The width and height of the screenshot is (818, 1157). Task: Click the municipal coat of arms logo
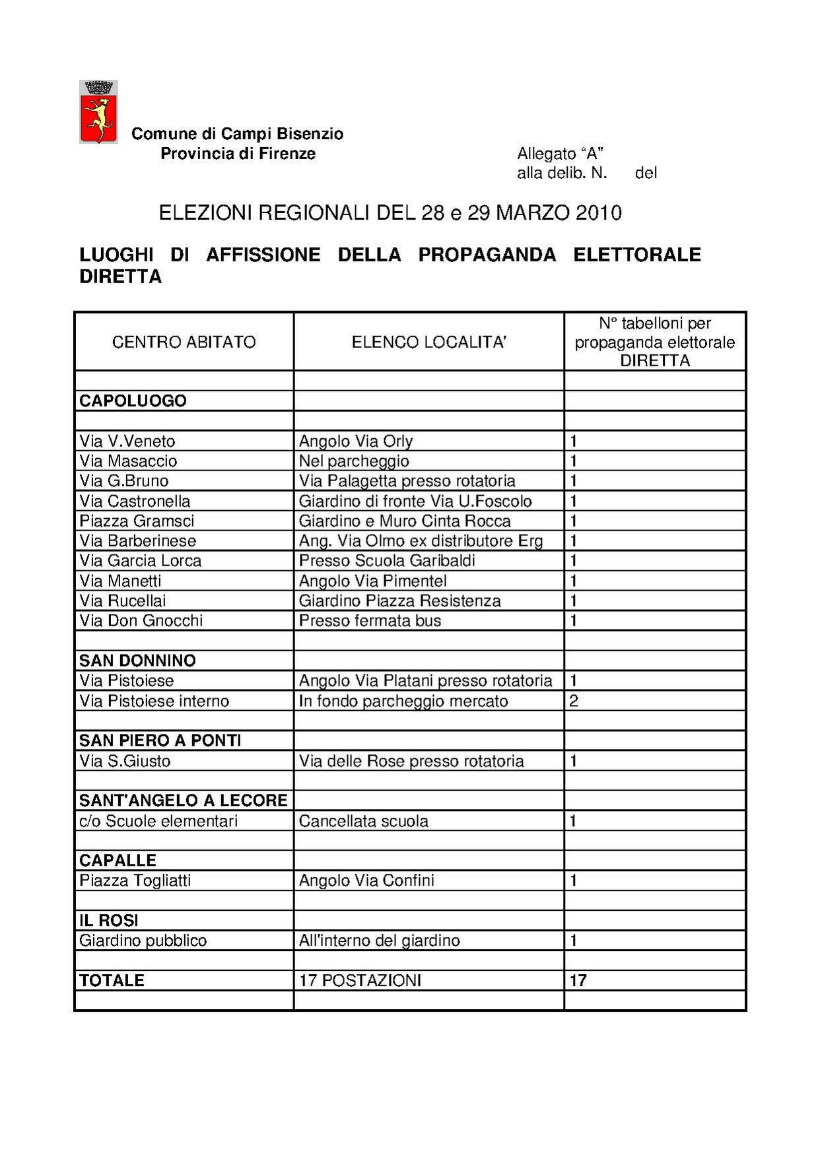[x=98, y=112]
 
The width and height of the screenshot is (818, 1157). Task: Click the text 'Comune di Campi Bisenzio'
[x=237, y=134]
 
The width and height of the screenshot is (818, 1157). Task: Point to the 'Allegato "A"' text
[x=560, y=154]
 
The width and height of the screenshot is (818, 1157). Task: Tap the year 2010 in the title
[x=598, y=213]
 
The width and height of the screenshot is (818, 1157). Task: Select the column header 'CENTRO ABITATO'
[x=184, y=342]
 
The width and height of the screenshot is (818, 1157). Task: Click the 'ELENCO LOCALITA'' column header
[x=428, y=342]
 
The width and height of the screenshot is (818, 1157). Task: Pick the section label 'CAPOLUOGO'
[x=133, y=401]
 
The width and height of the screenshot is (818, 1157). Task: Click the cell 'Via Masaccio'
[x=128, y=461]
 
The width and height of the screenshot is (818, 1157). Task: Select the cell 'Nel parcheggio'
[x=354, y=461]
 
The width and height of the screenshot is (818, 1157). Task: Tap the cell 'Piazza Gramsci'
[x=137, y=521]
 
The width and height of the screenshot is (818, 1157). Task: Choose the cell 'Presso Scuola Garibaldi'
[x=387, y=560]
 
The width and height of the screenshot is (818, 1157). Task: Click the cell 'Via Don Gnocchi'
[x=141, y=620]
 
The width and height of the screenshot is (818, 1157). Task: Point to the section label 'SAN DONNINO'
[x=137, y=661]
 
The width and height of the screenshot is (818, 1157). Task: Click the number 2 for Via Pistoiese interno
[x=573, y=701]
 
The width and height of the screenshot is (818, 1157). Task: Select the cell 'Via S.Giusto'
[x=125, y=761]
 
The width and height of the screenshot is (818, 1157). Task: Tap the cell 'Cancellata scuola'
[x=363, y=821]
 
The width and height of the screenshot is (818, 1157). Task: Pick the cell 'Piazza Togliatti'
[x=135, y=880]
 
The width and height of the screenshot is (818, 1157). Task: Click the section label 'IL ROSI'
[x=108, y=921]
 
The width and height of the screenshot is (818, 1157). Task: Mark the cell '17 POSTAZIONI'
[x=360, y=981]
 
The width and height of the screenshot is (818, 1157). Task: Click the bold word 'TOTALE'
[x=112, y=981]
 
